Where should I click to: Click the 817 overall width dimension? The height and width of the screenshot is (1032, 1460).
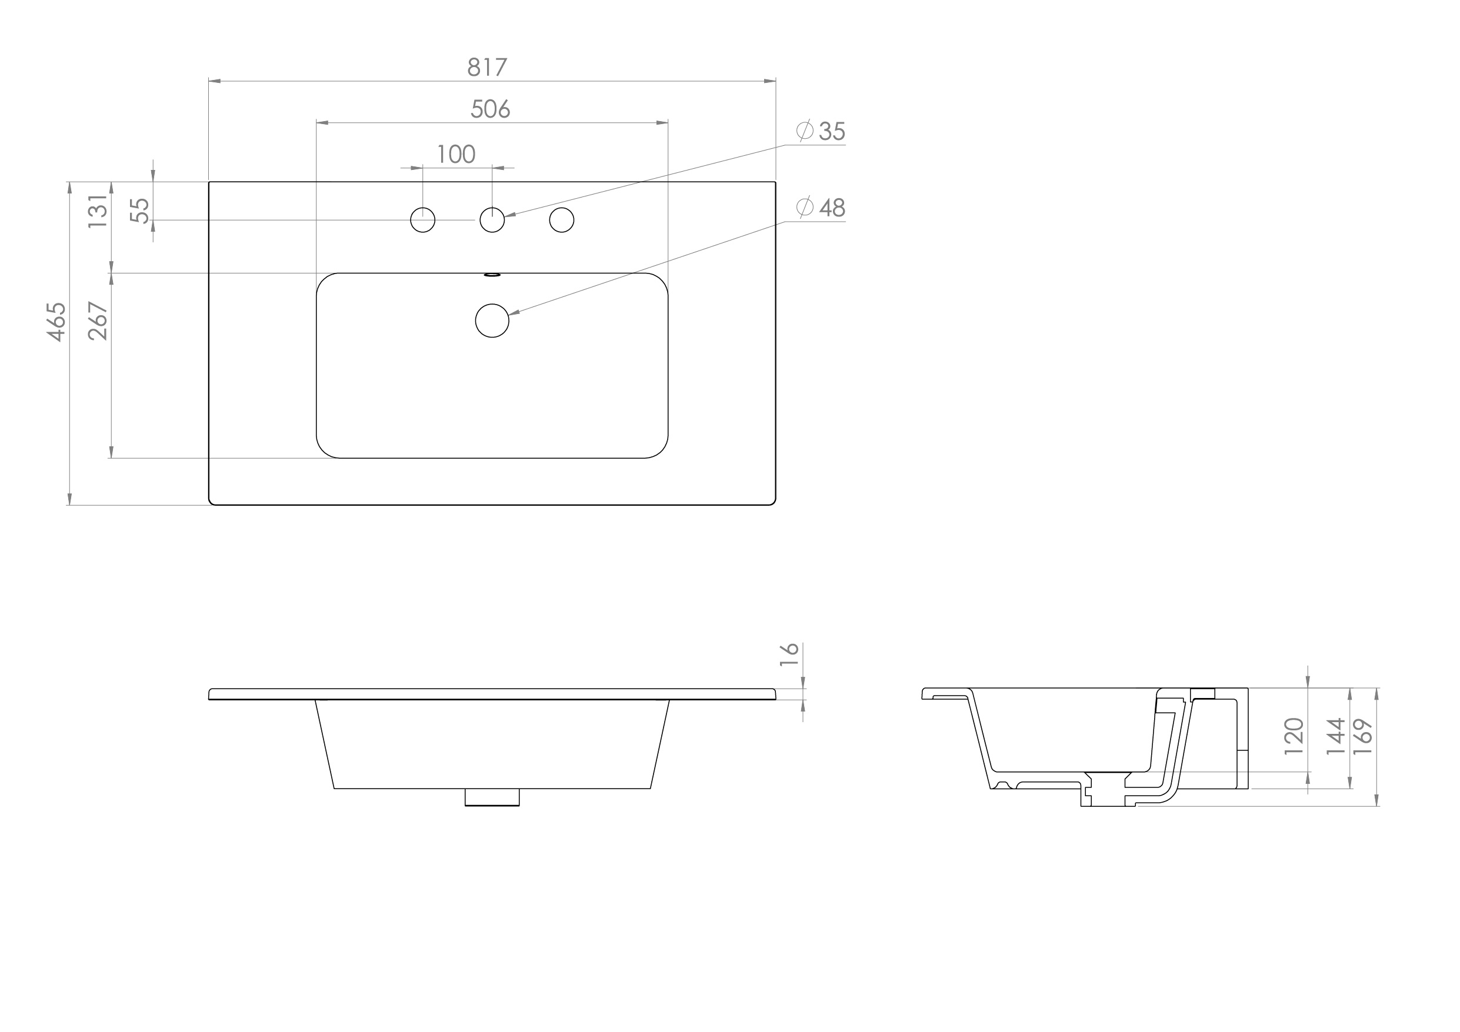point(487,68)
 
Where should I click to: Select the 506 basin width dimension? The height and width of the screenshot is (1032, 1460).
point(490,109)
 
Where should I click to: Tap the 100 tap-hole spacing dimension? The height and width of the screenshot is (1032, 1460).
point(456,155)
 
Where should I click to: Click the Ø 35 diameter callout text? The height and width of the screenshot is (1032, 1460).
point(822,132)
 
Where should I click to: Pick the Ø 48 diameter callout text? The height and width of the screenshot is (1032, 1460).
point(822,208)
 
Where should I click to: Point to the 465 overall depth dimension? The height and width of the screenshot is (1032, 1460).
point(57,322)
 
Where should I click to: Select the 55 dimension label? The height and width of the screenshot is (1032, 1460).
point(140,211)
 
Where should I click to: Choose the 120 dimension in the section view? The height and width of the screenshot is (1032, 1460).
point(1294,736)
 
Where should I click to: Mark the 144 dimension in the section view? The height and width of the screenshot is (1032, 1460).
point(1335,736)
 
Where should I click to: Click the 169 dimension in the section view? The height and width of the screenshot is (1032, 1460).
point(1363,736)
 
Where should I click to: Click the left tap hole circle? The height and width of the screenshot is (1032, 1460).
point(423,220)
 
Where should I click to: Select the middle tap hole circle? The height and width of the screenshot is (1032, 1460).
point(492,220)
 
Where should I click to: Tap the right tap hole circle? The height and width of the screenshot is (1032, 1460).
point(562,220)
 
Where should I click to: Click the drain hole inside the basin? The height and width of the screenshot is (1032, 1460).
point(492,320)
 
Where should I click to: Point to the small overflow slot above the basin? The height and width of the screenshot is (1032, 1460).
point(493,275)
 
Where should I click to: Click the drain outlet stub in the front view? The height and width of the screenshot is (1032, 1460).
point(492,797)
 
